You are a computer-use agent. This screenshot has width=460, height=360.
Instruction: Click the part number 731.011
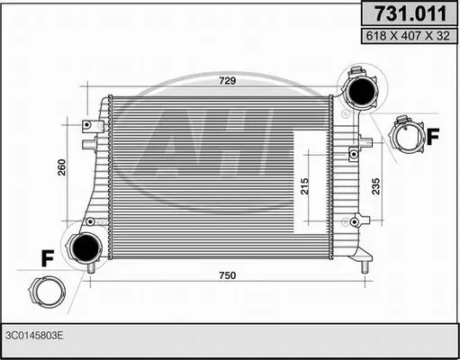click(x=410, y=13)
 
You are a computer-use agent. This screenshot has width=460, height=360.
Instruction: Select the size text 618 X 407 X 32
click(x=408, y=36)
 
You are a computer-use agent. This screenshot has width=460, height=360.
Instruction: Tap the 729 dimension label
click(x=228, y=80)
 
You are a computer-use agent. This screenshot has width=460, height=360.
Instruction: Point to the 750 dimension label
click(x=228, y=275)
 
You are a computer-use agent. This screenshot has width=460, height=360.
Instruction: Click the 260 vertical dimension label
click(x=61, y=167)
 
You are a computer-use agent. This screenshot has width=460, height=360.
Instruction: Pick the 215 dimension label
click(x=304, y=186)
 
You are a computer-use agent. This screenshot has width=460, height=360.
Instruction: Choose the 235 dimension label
click(x=375, y=186)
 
